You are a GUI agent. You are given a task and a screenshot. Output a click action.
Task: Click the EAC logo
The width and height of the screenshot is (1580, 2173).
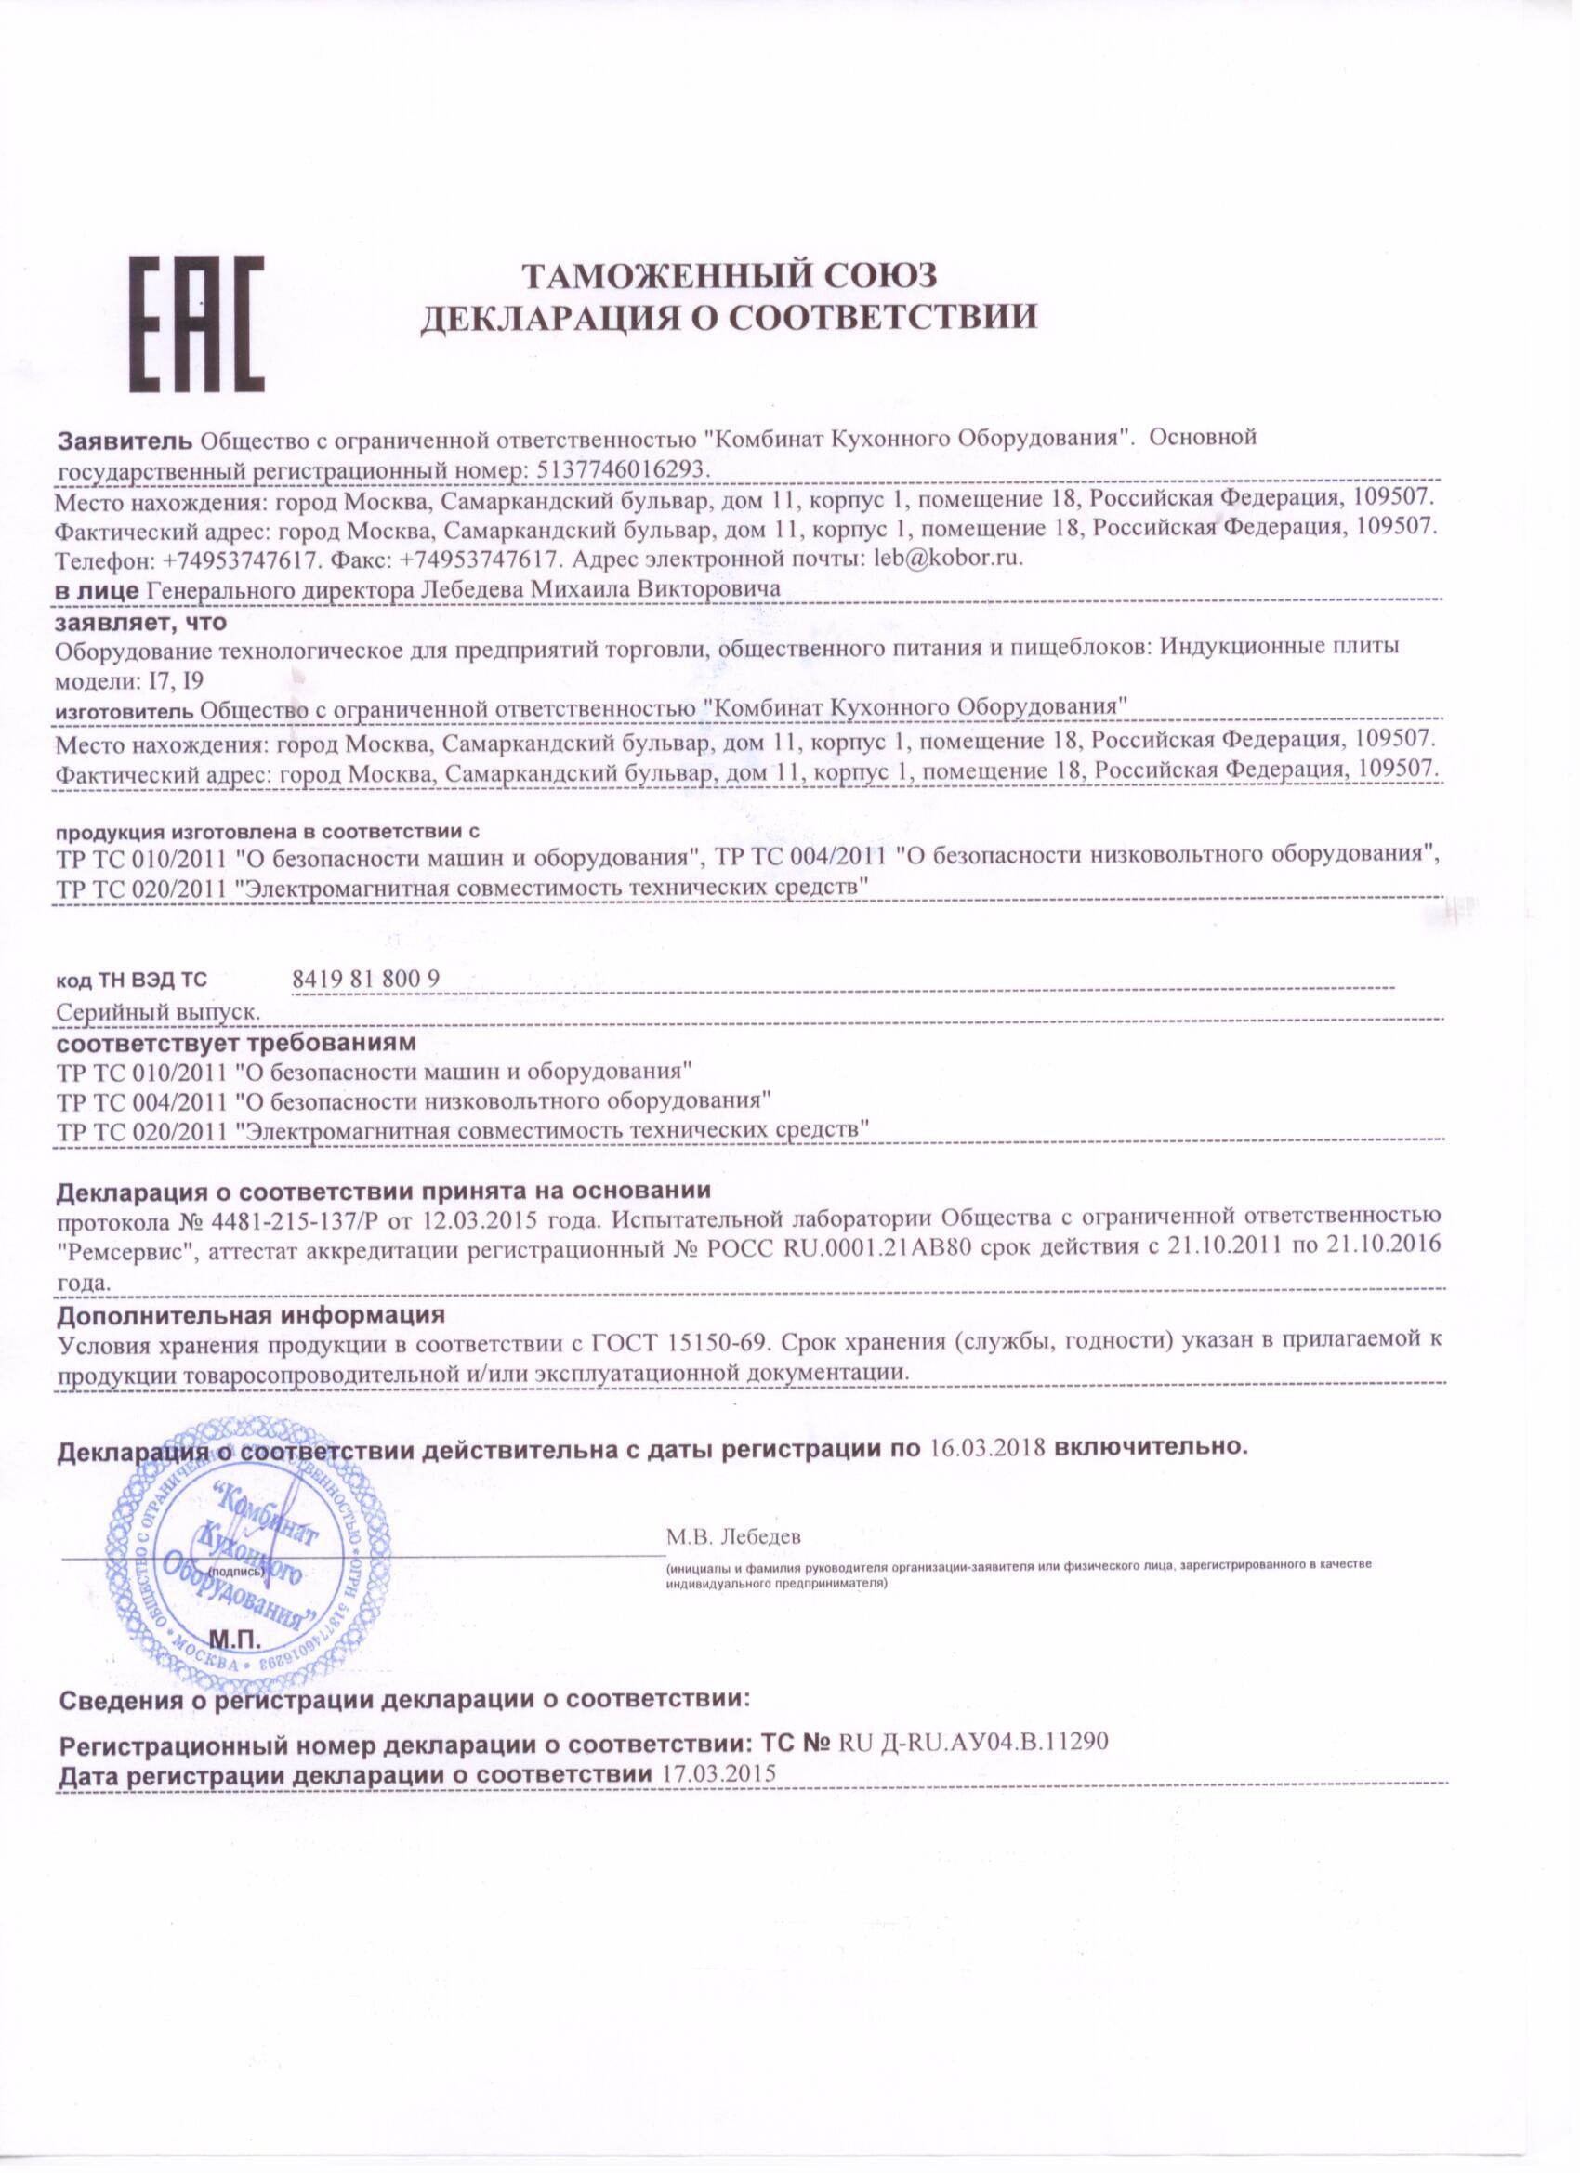(196, 323)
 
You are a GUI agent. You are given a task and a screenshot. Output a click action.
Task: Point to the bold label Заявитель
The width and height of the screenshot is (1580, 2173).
(126, 440)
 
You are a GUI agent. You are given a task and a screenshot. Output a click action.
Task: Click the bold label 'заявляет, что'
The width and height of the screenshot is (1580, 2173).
(141, 622)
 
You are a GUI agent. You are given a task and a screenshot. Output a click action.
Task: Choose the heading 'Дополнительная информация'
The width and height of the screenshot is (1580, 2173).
(251, 1313)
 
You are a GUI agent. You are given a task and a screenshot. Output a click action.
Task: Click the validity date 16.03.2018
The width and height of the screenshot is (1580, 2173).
(988, 1447)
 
